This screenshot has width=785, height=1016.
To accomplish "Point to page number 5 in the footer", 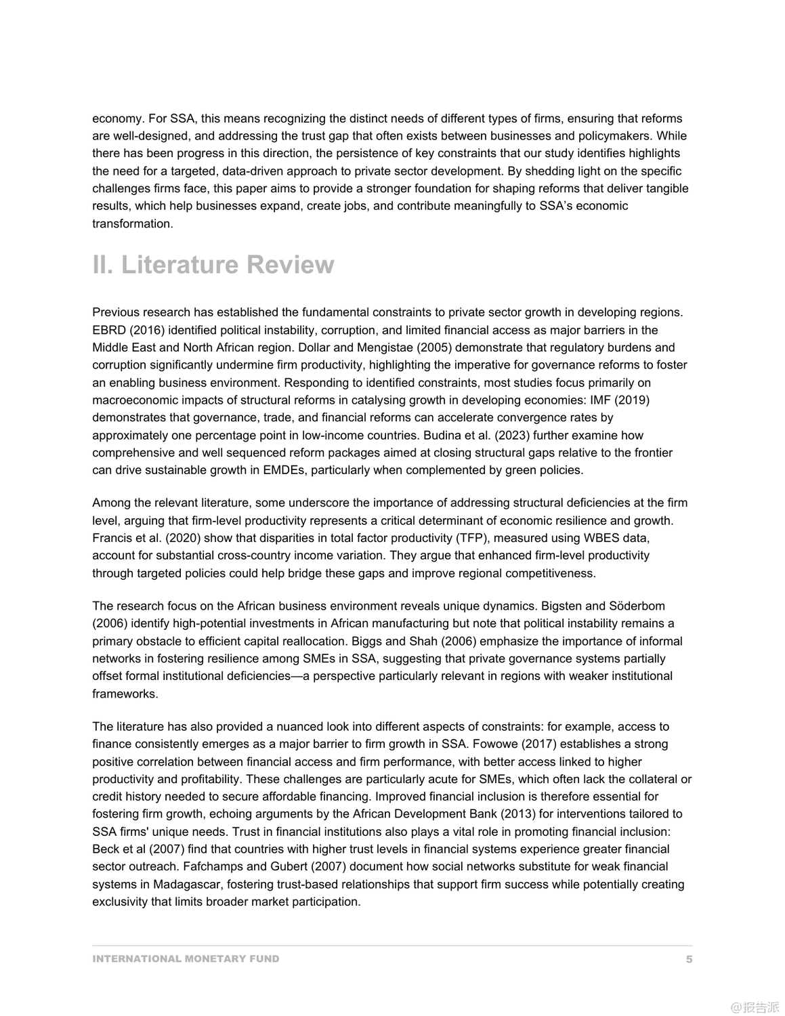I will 689,959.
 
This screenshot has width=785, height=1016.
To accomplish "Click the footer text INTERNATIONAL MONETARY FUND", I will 186,959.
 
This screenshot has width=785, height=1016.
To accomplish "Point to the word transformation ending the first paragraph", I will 132,224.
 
